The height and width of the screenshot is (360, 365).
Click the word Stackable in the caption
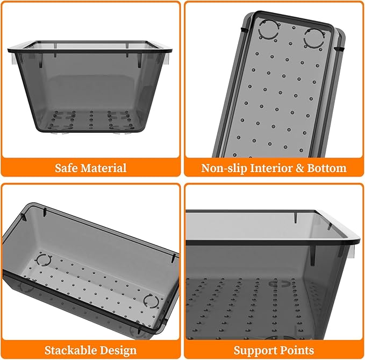pyautogui.click(x=71, y=350)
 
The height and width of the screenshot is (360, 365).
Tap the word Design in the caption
pyautogui.click(x=118, y=351)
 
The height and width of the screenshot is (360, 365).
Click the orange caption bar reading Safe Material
pyautogui.click(x=91, y=167)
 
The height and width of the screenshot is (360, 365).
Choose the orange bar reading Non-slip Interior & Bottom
pyautogui.click(x=274, y=167)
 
